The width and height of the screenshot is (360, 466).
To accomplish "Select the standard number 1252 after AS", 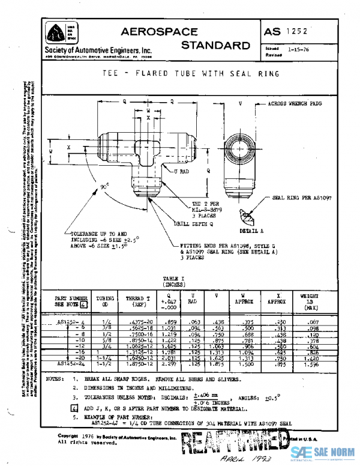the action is [296, 31].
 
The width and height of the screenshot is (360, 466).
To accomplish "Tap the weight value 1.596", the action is [311, 363].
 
